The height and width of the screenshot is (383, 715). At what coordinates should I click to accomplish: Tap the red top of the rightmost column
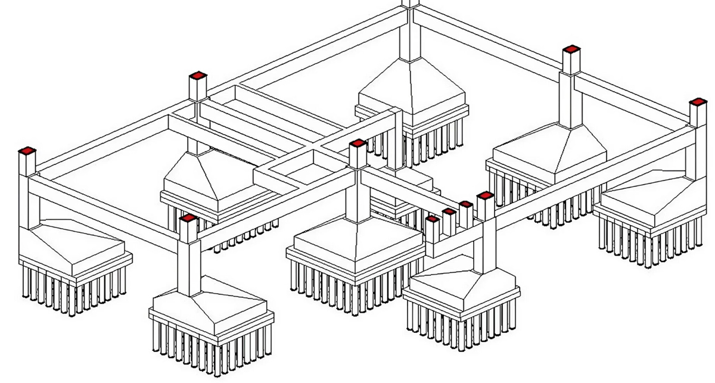pos(698,102)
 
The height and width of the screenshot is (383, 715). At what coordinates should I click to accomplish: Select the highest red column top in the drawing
pos(571,50)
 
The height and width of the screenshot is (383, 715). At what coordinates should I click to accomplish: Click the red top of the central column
pos(357,144)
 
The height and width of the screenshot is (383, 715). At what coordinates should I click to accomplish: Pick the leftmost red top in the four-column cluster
pos(433,220)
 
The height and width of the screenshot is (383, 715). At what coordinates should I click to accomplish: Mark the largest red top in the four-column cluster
pos(485,196)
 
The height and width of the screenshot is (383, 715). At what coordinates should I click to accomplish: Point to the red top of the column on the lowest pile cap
pos(188,219)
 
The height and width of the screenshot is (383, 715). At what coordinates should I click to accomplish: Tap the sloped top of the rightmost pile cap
pos(649,197)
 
